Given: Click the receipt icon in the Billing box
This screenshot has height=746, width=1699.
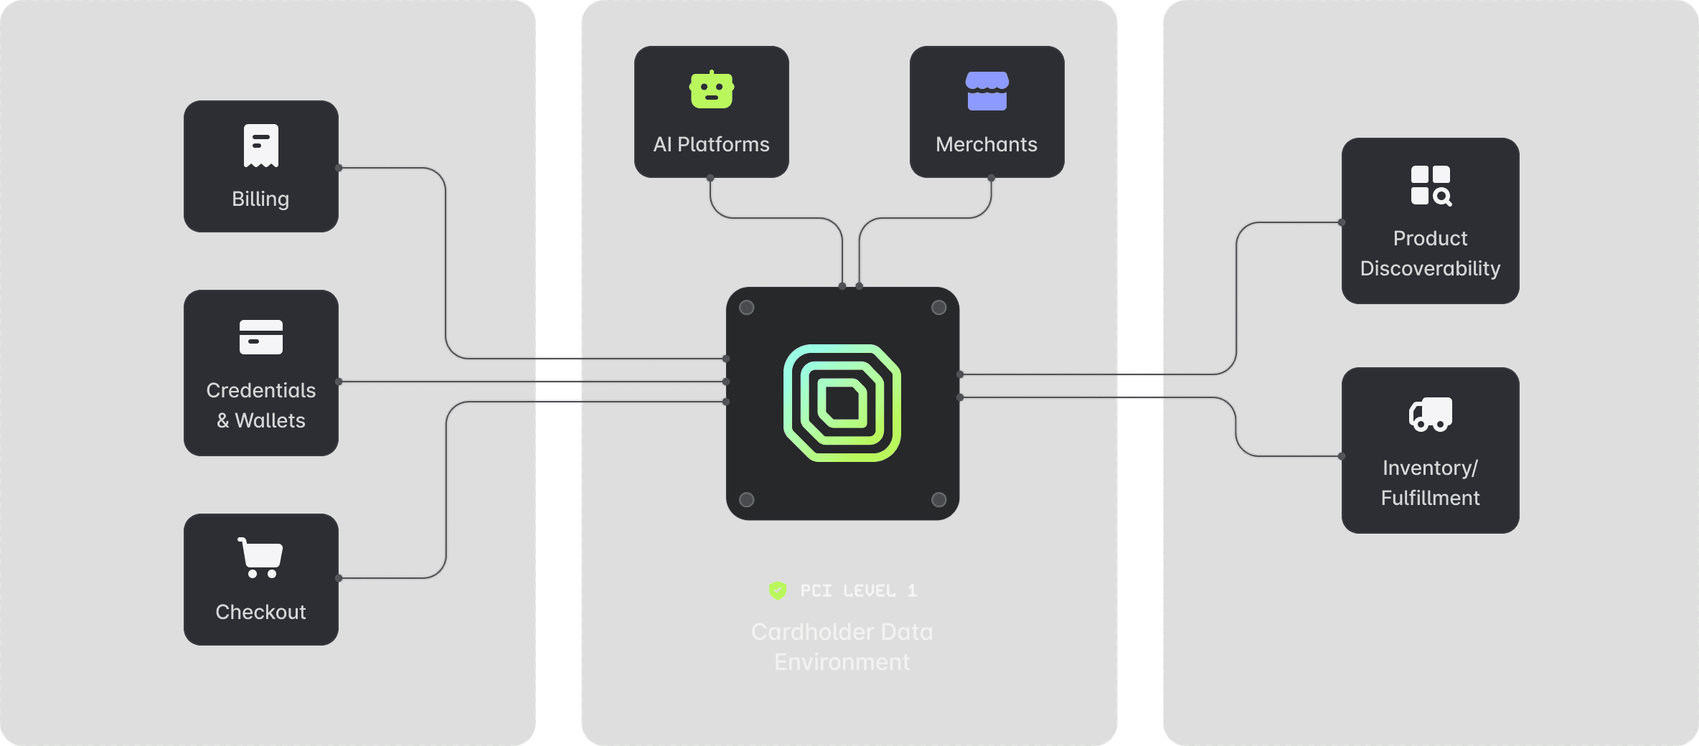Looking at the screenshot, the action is pyautogui.click(x=261, y=146).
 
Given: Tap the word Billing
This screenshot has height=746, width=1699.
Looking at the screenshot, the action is pyautogui.click(x=260, y=199).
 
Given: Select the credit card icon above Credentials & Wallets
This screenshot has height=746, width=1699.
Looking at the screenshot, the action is pyautogui.click(x=261, y=337).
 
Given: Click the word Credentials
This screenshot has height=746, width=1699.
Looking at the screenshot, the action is pyautogui.click(x=261, y=390).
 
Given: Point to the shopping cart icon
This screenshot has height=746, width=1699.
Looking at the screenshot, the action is pyautogui.click(x=260, y=557).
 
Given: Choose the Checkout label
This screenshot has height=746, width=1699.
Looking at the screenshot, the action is pyautogui.click(x=260, y=612).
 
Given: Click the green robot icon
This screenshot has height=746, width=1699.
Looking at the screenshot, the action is pyautogui.click(x=712, y=90).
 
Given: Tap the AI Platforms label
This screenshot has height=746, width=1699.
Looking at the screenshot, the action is pyautogui.click(x=711, y=144).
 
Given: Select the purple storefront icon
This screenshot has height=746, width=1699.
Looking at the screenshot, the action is pyautogui.click(x=987, y=91).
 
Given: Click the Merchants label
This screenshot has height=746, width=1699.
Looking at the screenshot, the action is pyautogui.click(x=987, y=144).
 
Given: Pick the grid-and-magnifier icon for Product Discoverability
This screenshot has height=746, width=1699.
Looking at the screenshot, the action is pyautogui.click(x=1431, y=186).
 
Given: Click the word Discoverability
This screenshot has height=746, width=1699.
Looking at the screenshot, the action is pyautogui.click(x=1430, y=268).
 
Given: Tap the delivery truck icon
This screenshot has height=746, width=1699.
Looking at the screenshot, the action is pyautogui.click(x=1431, y=414).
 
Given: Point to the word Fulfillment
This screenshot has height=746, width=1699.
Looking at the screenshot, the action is pyautogui.click(x=1430, y=498).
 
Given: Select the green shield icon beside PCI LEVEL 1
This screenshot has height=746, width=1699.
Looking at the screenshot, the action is pyautogui.click(x=778, y=590).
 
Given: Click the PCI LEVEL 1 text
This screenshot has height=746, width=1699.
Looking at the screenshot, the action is pyautogui.click(x=859, y=590).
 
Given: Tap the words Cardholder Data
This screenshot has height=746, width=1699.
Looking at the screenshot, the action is pyautogui.click(x=842, y=632).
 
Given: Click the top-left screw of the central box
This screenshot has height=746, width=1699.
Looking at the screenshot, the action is pyautogui.click(x=747, y=308).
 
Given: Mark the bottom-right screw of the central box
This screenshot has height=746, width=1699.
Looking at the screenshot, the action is pyautogui.click(x=938, y=499).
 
